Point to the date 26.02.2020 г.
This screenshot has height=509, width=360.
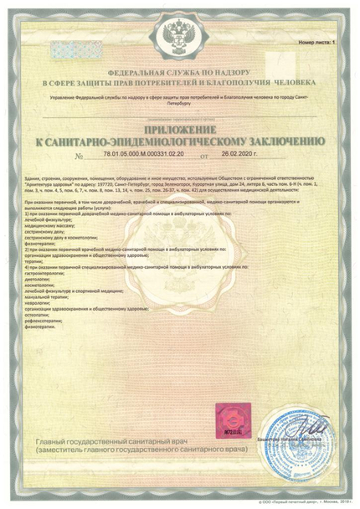coord(240,156)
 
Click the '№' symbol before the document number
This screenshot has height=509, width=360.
coord(79,157)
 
